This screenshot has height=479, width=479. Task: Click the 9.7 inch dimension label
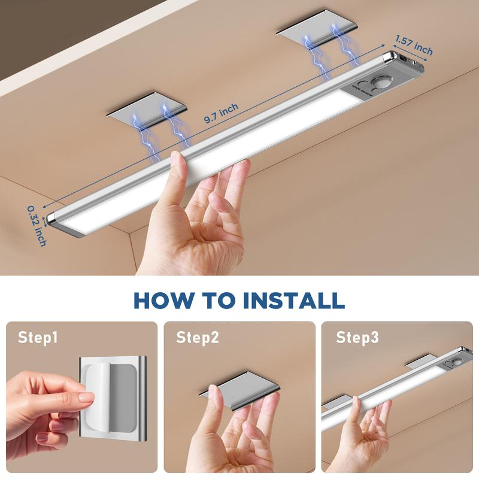coord(221,113)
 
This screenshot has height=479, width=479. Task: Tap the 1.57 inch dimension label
coord(413,44)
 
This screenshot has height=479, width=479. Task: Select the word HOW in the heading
coord(157,299)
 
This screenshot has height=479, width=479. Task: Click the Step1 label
coord(38,338)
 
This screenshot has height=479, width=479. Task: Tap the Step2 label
coord(197,338)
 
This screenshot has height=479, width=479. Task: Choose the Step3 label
coord(357,338)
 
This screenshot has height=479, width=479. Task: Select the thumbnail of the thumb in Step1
coord(86,398)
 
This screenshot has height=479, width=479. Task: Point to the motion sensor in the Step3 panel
coord(457,362)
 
